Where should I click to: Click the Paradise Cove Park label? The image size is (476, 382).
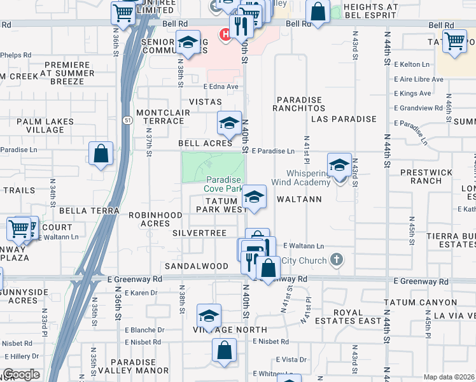[x=223, y=184]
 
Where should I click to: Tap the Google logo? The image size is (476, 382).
[x=22, y=374]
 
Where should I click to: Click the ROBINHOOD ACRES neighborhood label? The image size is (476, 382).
[x=156, y=220]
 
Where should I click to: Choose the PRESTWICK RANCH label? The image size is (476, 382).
[x=426, y=176]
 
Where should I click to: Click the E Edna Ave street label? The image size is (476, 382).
[x=220, y=87]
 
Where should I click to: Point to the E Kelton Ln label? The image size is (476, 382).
[x=412, y=64]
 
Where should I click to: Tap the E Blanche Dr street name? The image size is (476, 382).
[x=144, y=330]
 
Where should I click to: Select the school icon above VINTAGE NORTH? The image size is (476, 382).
[x=209, y=315]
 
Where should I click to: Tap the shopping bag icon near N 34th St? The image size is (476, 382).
[x=101, y=153]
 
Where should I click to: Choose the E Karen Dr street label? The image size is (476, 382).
[x=141, y=293]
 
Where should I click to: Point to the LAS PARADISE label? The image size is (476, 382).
[x=344, y=119]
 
